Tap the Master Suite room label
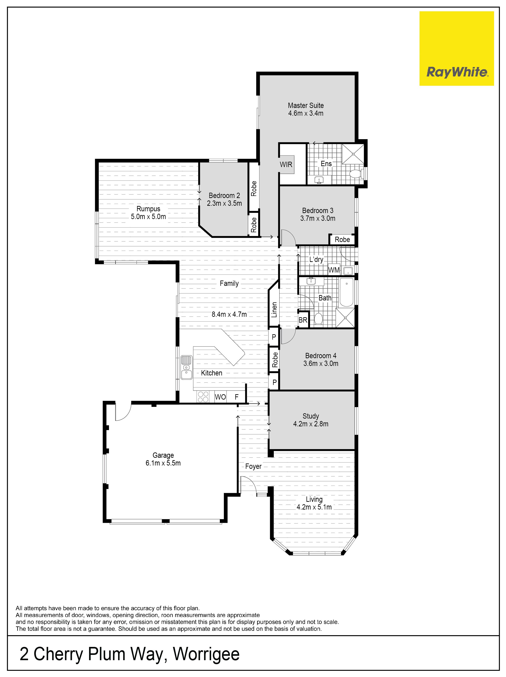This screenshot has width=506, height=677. (x=306, y=106)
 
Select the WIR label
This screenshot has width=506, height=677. (x=286, y=165)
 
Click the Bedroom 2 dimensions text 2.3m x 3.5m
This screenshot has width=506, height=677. (x=224, y=204)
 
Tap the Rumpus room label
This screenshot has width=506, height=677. (x=148, y=209)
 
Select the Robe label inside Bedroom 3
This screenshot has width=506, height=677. (x=342, y=240)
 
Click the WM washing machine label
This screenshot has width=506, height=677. (x=334, y=270)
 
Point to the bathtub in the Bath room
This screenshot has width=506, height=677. (x=347, y=292)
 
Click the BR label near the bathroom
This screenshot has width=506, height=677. (x=303, y=320)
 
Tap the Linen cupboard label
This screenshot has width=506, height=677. (x=274, y=310)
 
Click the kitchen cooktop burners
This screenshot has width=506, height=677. (x=203, y=397)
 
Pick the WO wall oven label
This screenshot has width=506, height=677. (x=220, y=397)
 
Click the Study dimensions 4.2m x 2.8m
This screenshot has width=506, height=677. (x=311, y=424)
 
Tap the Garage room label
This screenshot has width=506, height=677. (x=163, y=455)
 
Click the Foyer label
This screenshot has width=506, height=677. (x=253, y=466)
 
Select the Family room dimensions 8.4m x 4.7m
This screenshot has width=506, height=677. (x=229, y=314)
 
